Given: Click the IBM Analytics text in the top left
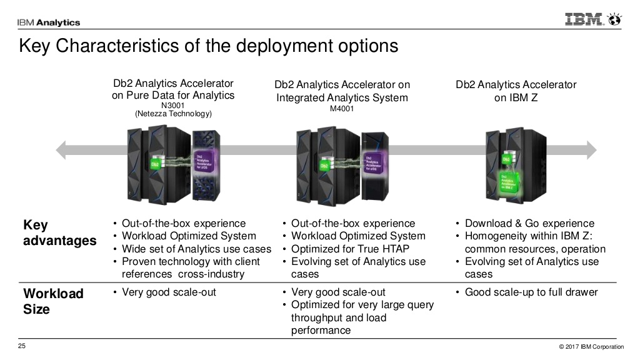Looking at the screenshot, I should tap(49, 22).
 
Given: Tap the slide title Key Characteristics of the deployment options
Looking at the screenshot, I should tap(207, 46).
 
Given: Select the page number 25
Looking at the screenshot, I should tap(21, 347).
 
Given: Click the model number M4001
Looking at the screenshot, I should tap(342, 107).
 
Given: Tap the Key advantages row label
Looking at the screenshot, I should tap(59, 232).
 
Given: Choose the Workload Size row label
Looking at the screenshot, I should tap(52, 301).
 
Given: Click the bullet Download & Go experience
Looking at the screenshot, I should tap(529, 223).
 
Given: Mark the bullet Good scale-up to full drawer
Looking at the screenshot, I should tap(531, 292).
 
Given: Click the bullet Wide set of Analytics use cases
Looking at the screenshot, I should tap(196, 249).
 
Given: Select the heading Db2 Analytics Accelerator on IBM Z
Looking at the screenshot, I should tap(516, 91).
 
